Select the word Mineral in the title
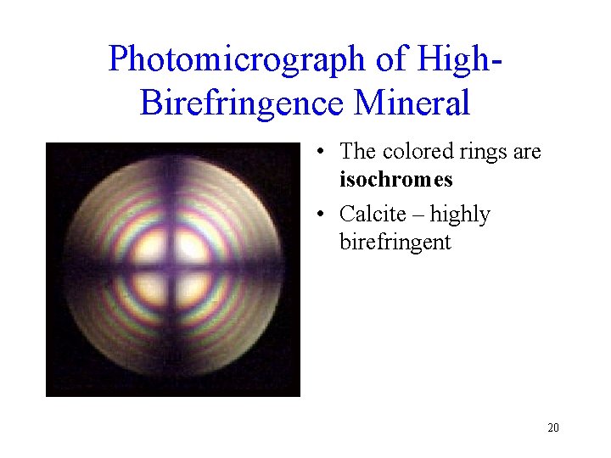point(412,103)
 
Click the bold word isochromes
point(395,180)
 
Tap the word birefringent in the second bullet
point(395,242)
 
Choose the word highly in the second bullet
point(460,215)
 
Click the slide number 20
point(552,427)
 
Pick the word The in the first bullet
point(358,152)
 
